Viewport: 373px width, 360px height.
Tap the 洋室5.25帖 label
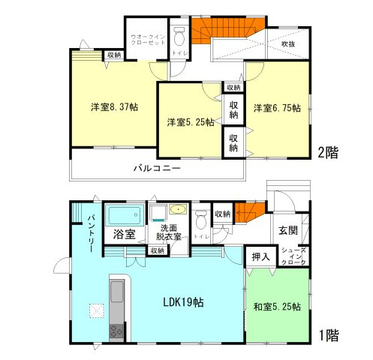[189, 121]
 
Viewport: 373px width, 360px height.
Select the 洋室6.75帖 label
[276, 107]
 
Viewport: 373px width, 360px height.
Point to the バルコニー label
[157, 169]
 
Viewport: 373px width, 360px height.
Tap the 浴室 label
[125, 234]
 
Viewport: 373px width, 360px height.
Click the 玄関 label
[288, 229]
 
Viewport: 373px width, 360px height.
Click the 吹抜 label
[288, 44]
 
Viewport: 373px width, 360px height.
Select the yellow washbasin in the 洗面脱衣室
[178, 209]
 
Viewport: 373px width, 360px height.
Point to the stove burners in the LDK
[117, 331]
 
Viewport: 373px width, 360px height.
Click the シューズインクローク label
[293, 256]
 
